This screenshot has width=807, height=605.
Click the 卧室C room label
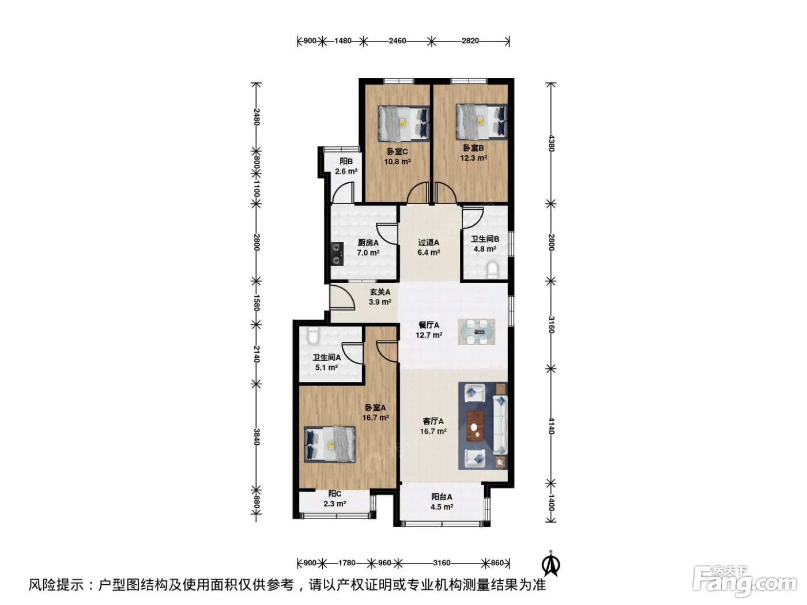click(397, 152)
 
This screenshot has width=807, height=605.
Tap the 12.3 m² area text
click(474, 158)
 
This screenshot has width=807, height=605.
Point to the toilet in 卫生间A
click(312, 335)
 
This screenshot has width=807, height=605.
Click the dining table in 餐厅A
click(476, 332)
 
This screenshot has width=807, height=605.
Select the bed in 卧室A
click(329, 444)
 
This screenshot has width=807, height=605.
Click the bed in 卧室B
click(481, 122)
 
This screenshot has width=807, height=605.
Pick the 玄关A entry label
click(380, 292)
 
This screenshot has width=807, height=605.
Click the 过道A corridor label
click(428, 243)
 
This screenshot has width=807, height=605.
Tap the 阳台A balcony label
click(442, 497)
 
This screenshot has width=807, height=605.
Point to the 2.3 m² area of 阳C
click(334, 504)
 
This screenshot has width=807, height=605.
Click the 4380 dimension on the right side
click(550, 143)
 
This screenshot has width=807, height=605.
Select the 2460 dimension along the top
click(397, 41)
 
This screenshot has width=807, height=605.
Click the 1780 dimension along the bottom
click(346, 563)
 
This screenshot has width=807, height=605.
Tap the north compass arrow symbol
click(550, 566)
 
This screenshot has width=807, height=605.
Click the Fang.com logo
click(744, 584)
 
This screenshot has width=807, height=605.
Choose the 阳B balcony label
click(346, 161)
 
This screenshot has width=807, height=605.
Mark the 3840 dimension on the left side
click(257, 437)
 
